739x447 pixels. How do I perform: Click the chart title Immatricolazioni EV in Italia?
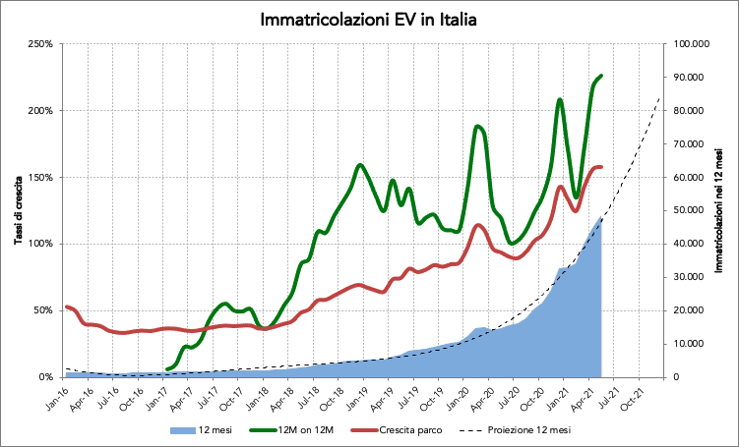tap(369, 20)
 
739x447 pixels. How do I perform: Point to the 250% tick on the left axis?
tap(40, 44)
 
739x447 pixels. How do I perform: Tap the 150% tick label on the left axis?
tap(40, 178)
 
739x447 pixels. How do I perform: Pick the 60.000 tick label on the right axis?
tap(691, 178)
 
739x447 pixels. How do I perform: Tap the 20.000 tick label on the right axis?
tap(691, 310)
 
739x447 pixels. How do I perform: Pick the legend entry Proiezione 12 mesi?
tap(521, 430)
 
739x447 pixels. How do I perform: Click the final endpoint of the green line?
tap(601, 76)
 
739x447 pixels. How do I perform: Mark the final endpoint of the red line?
tap(601, 167)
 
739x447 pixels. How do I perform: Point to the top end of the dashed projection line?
tap(658, 98)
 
